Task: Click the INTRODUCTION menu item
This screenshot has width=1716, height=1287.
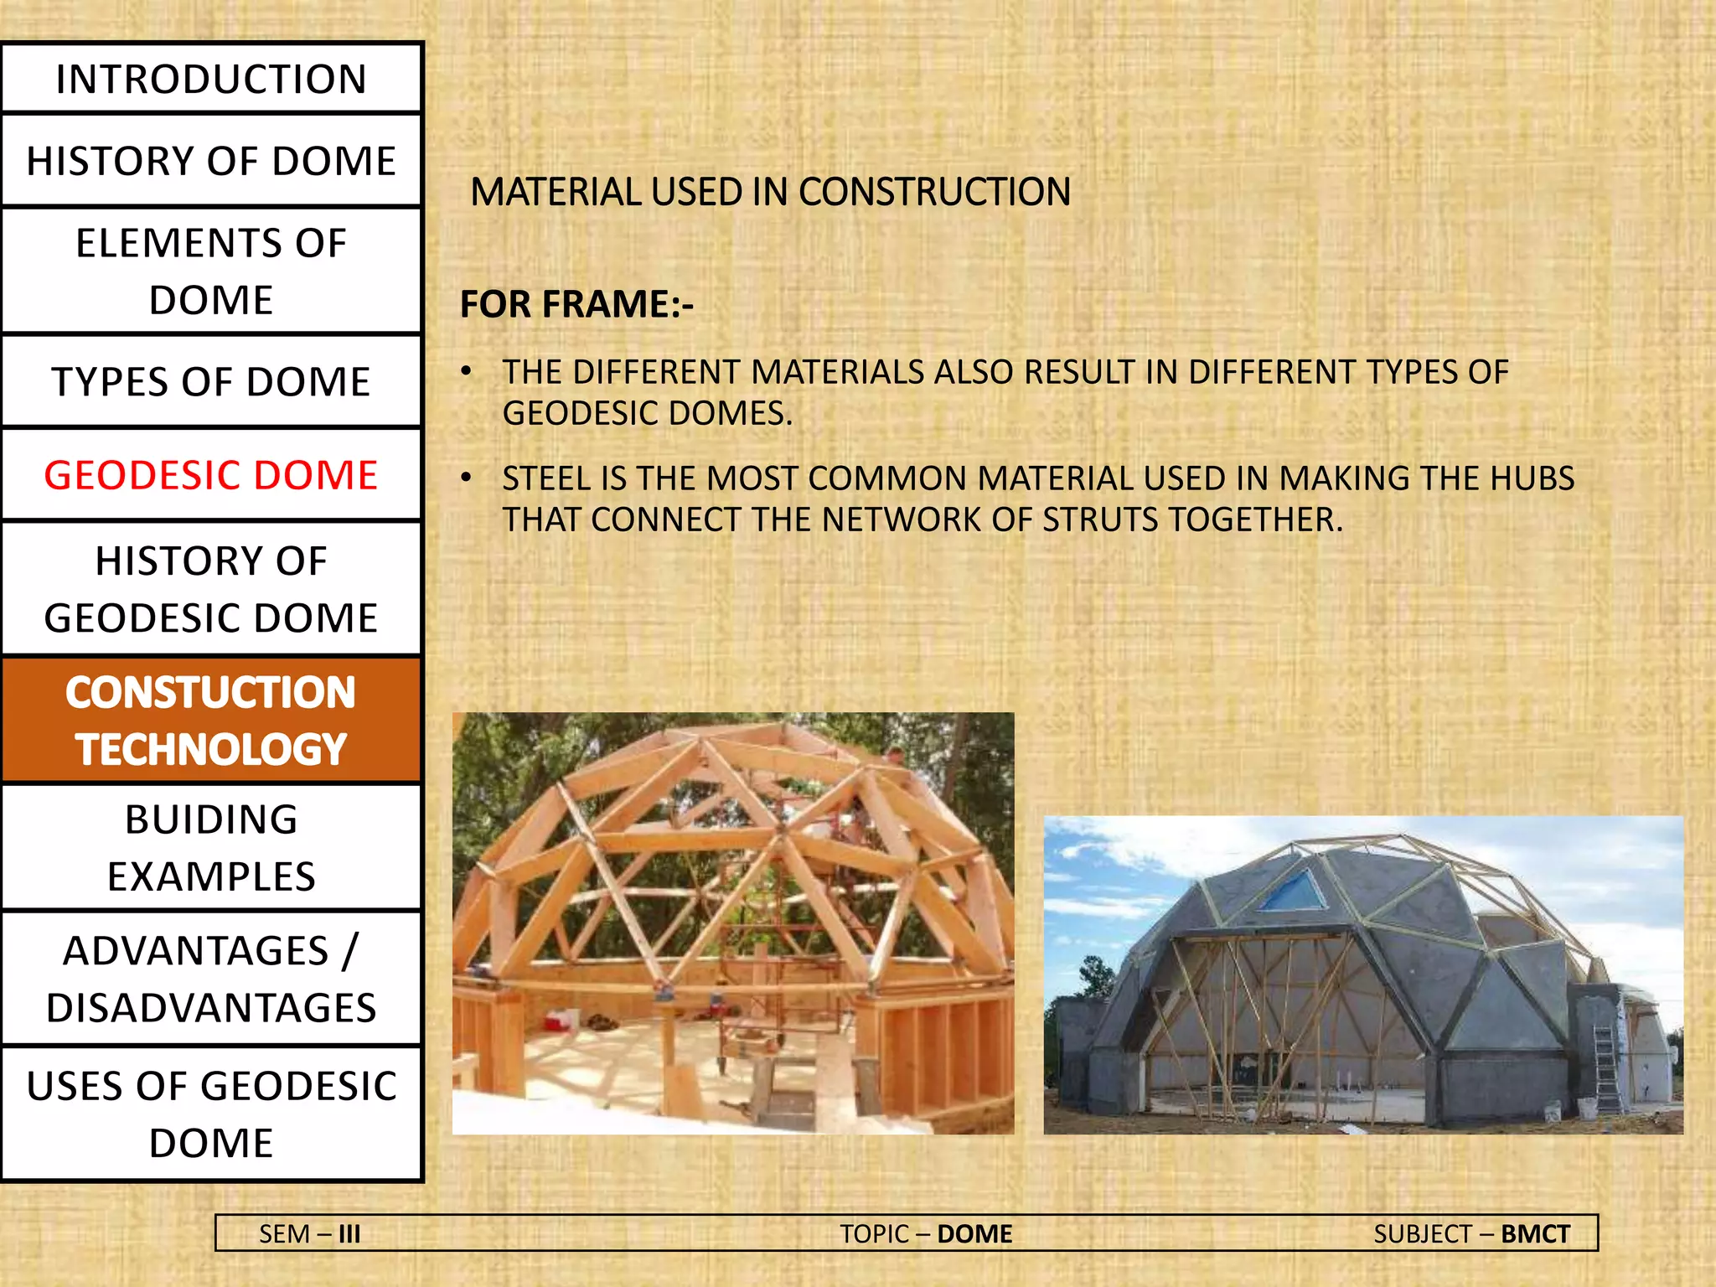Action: pyautogui.click(x=211, y=80)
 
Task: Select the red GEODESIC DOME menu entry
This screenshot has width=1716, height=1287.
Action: pyautogui.click(x=211, y=475)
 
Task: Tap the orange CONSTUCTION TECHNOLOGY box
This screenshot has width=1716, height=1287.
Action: pyautogui.click(x=211, y=721)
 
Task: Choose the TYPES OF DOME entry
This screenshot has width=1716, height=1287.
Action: pyautogui.click(x=211, y=382)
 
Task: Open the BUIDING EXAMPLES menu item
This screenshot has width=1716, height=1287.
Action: pyautogui.click(x=211, y=848)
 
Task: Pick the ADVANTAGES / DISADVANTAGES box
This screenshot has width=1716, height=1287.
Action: pyautogui.click(x=211, y=979)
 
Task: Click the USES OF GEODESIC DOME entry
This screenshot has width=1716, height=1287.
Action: pyautogui.click(x=211, y=1114)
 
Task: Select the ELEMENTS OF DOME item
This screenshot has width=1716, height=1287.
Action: pyautogui.click(x=211, y=271)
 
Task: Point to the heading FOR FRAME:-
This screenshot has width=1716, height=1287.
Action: pyautogui.click(x=576, y=304)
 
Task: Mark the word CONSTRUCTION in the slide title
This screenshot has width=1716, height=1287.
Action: pyautogui.click(x=933, y=192)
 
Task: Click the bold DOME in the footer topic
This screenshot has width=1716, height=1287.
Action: pyautogui.click(x=974, y=1234)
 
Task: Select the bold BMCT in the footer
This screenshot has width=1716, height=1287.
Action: pyautogui.click(x=1535, y=1234)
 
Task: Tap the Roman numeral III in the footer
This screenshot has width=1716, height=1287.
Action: pyautogui.click(x=349, y=1234)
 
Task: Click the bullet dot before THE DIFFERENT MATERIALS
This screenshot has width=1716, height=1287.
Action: pyautogui.click(x=467, y=371)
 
